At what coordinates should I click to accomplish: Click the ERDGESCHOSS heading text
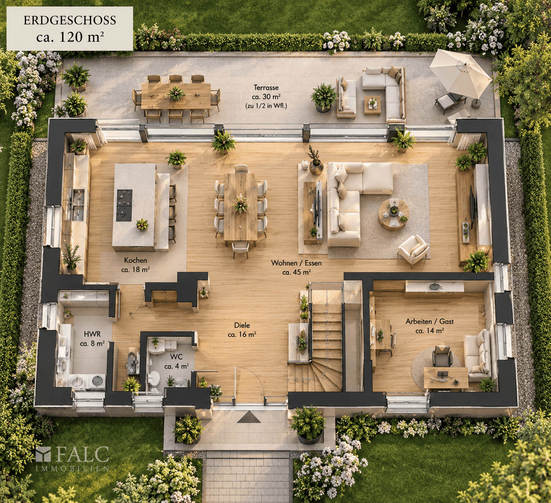(x=70, y=21)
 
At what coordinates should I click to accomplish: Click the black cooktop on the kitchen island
(x=124, y=205)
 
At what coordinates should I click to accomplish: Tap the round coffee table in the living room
(x=394, y=214)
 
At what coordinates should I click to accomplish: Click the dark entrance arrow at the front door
(x=249, y=417)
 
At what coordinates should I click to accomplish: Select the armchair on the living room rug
(x=413, y=249)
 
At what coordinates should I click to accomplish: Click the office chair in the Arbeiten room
(x=442, y=356)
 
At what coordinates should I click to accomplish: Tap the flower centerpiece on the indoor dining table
(x=241, y=203)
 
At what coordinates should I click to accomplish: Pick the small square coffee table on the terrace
(x=373, y=104)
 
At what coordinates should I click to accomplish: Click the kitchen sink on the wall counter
(x=77, y=205)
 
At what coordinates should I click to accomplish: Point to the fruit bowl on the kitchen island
(x=142, y=224)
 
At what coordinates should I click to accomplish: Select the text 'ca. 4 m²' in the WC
(x=176, y=366)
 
